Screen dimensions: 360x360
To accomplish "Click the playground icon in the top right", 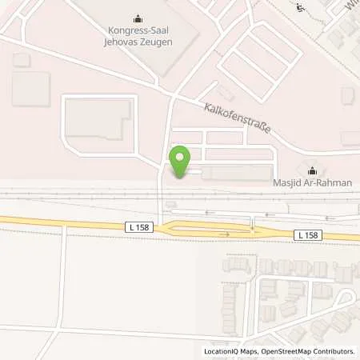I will point(300,9).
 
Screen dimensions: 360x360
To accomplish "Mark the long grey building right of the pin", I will point(236,173).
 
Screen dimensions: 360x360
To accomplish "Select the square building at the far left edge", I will point(30,88).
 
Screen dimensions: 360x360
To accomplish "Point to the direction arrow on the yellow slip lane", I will point(225,234).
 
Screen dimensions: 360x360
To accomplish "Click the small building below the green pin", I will point(170,205).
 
